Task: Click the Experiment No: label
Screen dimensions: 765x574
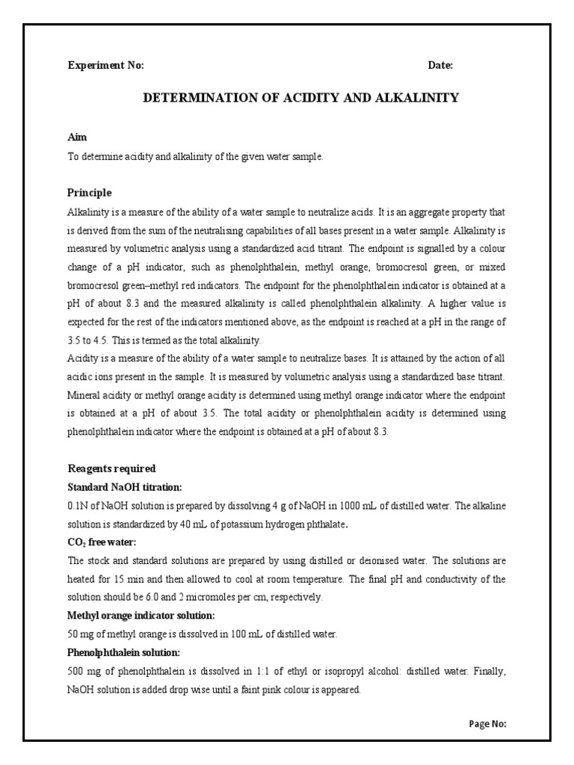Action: click(x=105, y=66)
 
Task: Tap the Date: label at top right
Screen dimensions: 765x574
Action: click(x=440, y=66)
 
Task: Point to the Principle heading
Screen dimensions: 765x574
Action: click(x=90, y=193)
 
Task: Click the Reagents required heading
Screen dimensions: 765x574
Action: click(x=111, y=468)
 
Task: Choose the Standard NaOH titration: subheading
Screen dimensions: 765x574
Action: click(x=124, y=487)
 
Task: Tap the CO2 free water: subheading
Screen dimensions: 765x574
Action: click(x=100, y=542)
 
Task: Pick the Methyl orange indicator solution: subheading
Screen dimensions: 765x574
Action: click(x=141, y=616)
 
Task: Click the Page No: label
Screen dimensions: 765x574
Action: click(x=488, y=724)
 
